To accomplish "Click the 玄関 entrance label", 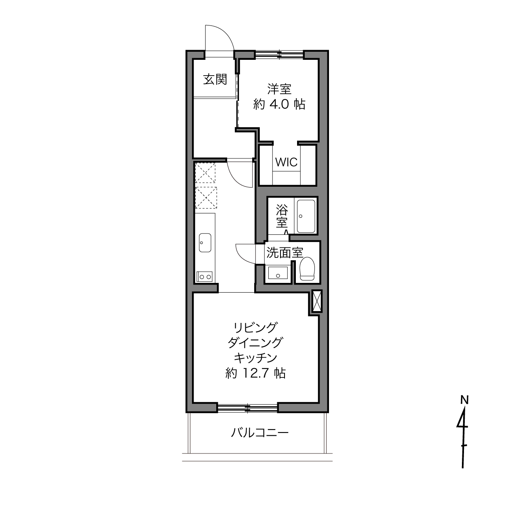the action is click(215, 80).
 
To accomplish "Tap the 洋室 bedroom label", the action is click(279, 89).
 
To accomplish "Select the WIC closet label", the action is click(286, 162).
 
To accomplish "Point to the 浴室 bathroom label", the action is click(282, 216).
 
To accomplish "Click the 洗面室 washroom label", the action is click(285, 253).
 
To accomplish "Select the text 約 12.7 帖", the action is click(255, 373).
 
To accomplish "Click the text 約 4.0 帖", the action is click(279, 104).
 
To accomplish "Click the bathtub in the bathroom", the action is click(306, 216).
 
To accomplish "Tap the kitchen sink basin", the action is click(205, 242).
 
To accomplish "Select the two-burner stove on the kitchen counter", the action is click(205, 276).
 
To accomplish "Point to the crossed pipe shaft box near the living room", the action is click(317, 301).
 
